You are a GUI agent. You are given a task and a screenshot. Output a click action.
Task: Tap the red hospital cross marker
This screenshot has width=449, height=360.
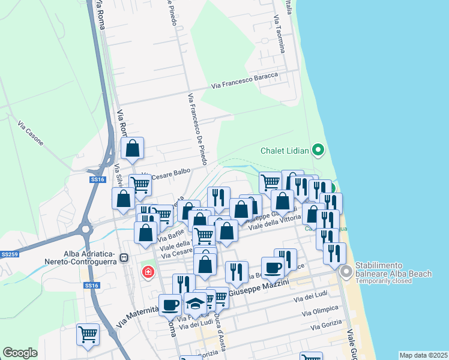[147, 273]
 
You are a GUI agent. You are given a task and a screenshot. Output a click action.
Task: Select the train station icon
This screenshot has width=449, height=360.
[124, 258]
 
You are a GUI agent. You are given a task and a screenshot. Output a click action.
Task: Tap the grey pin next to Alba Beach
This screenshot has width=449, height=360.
[346, 272]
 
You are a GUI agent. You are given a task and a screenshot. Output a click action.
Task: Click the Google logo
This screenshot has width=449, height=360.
[20, 353]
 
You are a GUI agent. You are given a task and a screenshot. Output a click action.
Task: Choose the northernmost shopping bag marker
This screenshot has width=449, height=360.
[132, 149]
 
